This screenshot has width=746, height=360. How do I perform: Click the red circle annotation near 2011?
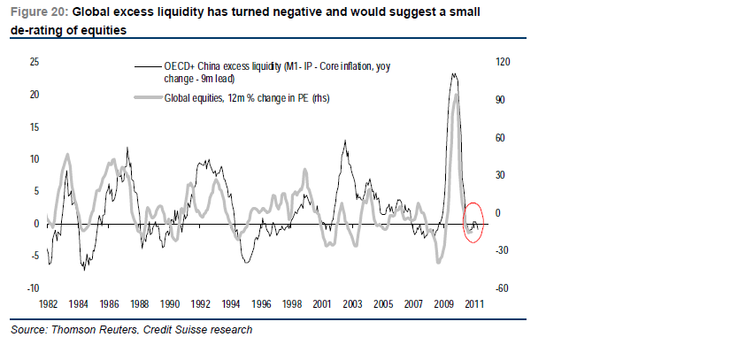click(473, 223)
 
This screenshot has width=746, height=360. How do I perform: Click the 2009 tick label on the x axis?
click(445, 303)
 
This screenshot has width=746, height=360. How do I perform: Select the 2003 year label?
click(351, 303)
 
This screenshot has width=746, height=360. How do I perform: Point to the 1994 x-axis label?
click(231, 303)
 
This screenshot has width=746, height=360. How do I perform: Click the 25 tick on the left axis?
click(35, 62)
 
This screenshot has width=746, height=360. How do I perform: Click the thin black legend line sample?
click(147, 67)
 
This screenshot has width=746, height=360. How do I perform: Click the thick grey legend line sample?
click(147, 98)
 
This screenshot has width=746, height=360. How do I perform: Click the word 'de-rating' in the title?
click(38, 30)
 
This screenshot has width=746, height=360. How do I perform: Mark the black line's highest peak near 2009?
click(453, 73)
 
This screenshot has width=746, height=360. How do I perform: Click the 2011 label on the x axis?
click(475, 303)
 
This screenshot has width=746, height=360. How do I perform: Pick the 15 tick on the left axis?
click(35, 126)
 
